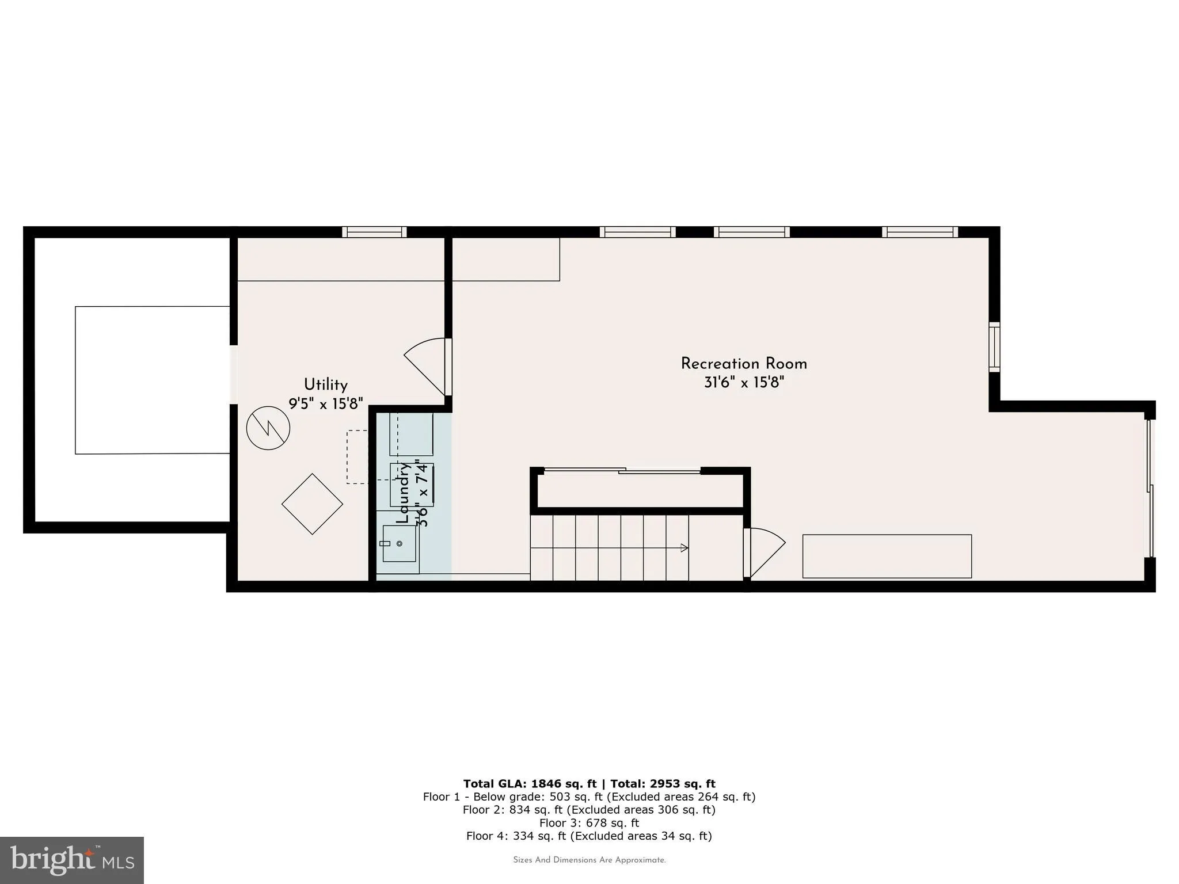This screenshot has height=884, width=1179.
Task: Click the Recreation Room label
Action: [x=743, y=364]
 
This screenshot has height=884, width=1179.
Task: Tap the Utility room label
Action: [x=325, y=384]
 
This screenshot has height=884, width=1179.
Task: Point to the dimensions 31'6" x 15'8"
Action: [x=744, y=383]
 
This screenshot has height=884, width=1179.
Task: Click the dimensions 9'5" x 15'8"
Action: [x=325, y=403]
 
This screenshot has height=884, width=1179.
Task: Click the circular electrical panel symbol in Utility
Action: [x=268, y=428]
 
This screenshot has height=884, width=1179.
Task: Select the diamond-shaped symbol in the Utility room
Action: [x=312, y=504]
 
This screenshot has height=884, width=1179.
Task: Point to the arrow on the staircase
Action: [x=684, y=548]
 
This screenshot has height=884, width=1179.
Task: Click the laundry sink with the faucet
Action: [x=399, y=543]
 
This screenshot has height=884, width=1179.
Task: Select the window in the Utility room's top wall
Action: [x=374, y=232]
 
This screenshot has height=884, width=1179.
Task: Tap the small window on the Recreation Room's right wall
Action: [x=994, y=347]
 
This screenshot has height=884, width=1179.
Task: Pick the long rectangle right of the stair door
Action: [x=887, y=556]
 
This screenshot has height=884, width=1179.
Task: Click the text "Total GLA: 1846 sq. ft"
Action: [x=530, y=783]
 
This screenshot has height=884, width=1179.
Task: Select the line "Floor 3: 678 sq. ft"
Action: [x=589, y=823]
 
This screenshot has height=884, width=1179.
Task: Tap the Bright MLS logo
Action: [x=72, y=860]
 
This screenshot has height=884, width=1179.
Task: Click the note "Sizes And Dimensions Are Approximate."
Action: [x=589, y=860]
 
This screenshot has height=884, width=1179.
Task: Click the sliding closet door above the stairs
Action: [x=622, y=471]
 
